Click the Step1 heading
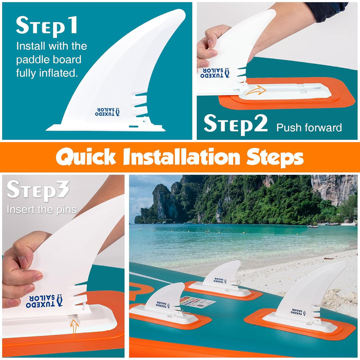pos(47,26)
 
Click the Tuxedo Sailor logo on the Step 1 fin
pos(107,111)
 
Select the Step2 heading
pos(236,123)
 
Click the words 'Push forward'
pos(309,127)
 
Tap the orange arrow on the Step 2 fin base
pos(255,91)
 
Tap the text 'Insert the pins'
pos(42,210)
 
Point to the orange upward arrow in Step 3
pos(75,326)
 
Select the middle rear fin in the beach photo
pos(224,275)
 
